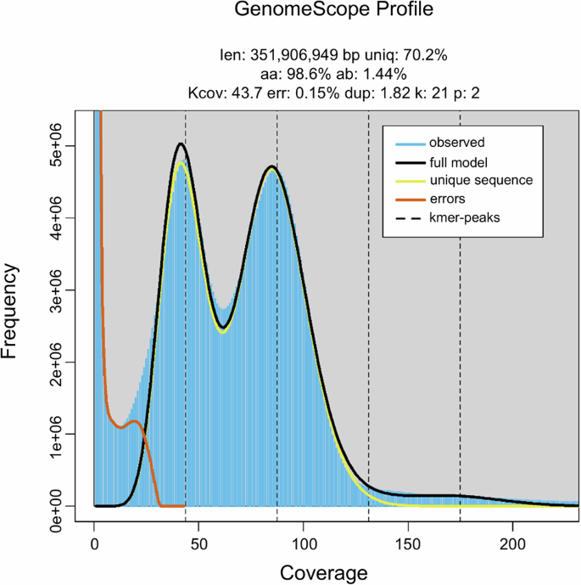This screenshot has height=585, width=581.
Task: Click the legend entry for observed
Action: (x=456, y=142)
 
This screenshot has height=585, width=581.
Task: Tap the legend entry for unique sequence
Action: (x=480, y=180)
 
